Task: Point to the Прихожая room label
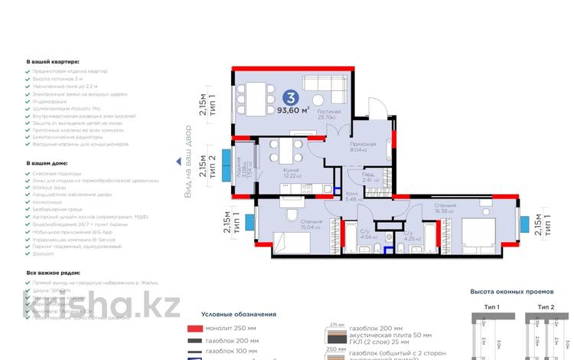[364, 144]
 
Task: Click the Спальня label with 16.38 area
[445, 206]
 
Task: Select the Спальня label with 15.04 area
[311, 222]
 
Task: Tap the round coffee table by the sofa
[317, 99]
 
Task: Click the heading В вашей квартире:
[53, 61]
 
